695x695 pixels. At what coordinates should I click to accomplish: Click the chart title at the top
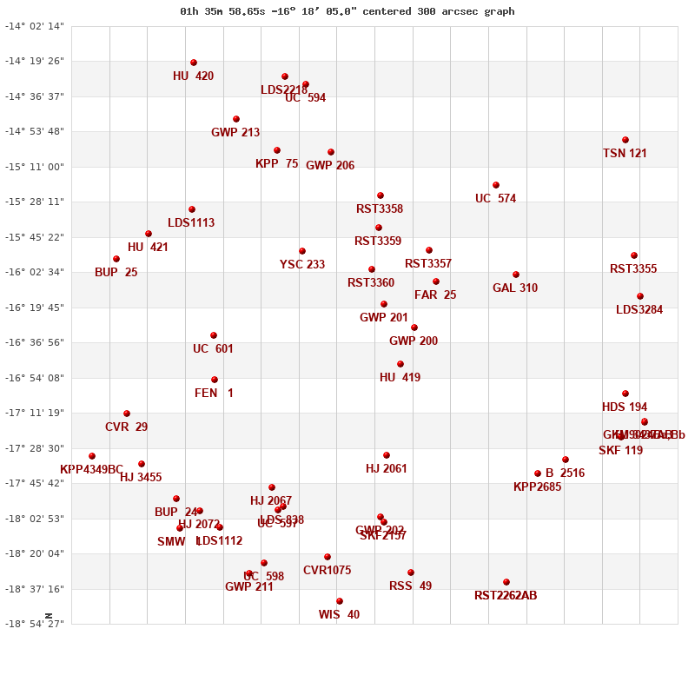pos(347,11)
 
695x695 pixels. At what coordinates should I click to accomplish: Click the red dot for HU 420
pos(194,63)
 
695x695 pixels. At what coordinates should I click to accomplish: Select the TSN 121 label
pos(625,154)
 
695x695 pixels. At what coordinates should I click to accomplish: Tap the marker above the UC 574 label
pos(496,185)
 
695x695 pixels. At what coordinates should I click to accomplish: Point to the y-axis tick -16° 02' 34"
pos(35,272)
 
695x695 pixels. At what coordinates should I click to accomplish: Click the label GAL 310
pos(515,288)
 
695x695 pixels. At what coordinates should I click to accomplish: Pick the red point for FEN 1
pos(215,380)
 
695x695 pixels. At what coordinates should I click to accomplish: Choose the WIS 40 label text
pos(339,615)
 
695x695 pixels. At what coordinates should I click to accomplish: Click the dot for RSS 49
pos(411,573)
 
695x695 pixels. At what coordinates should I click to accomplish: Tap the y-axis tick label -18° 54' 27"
pos(35,624)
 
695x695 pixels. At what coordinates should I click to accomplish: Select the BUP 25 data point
pos(116,259)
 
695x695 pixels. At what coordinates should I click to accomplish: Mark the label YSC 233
pos(302,265)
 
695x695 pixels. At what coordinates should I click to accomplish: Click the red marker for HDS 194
pos(625,394)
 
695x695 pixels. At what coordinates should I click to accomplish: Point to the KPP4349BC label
pos(92,470)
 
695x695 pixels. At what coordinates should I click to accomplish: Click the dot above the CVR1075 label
pos(328,557)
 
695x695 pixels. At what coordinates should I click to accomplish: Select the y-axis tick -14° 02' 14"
pos(35,26)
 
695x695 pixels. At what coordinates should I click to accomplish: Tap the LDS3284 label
pos(639,310)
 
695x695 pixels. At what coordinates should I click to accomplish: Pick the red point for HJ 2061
pos(387,455)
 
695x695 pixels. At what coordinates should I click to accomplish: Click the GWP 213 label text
pos(235,133)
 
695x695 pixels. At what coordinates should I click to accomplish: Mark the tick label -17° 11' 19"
pos(35,413)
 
